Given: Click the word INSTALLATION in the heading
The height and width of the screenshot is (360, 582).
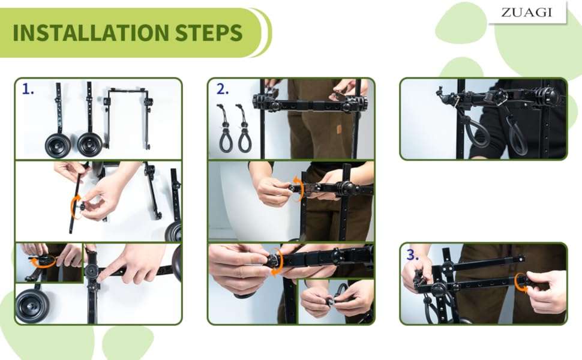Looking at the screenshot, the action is tap(91, 32).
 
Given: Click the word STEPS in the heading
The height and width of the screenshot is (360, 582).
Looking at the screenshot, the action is tap(209, 32).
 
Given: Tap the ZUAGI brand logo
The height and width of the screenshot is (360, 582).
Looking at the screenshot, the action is tap(526, 12).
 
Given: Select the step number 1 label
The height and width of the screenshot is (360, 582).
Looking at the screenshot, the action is tap(28, 89).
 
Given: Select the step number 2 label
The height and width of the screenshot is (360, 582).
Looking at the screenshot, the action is tap(223, 89).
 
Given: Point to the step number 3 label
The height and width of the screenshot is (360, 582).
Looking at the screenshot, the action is tap(413, 254).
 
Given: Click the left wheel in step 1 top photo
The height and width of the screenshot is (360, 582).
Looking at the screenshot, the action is tap(58, 145).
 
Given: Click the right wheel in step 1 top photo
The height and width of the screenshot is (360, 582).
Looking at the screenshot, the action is tap(90, 145).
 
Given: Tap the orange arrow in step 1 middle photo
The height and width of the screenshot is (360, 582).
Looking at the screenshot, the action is tap(73, 208).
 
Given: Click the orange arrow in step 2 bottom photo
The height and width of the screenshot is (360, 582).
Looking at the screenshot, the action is tap(280, 263).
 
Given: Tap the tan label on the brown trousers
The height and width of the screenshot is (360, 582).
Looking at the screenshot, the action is tap(339, 129).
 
